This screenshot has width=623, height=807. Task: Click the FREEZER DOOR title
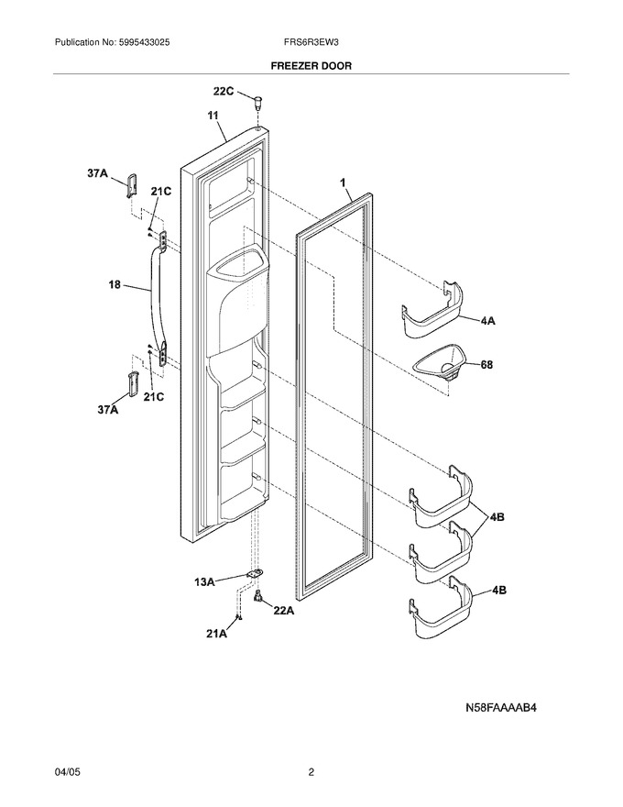tap(311, 66)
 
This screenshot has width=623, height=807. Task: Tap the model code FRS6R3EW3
tap(311, 43)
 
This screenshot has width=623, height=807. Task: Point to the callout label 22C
tap(224, 92)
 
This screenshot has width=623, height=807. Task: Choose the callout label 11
tap(213, 116)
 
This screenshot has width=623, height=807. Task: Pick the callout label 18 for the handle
tap(115, 284)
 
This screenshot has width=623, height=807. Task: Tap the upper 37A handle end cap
tap(132, 184)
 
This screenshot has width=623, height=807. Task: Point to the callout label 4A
tap(487, 321)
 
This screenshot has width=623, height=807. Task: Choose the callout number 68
tap(486, 365)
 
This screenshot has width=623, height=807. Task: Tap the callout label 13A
tap(204, 582)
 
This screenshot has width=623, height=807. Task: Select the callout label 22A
tap(284, 611)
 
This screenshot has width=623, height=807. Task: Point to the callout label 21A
tap(216, 634)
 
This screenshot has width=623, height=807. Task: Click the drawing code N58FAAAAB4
tap(501, 708)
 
